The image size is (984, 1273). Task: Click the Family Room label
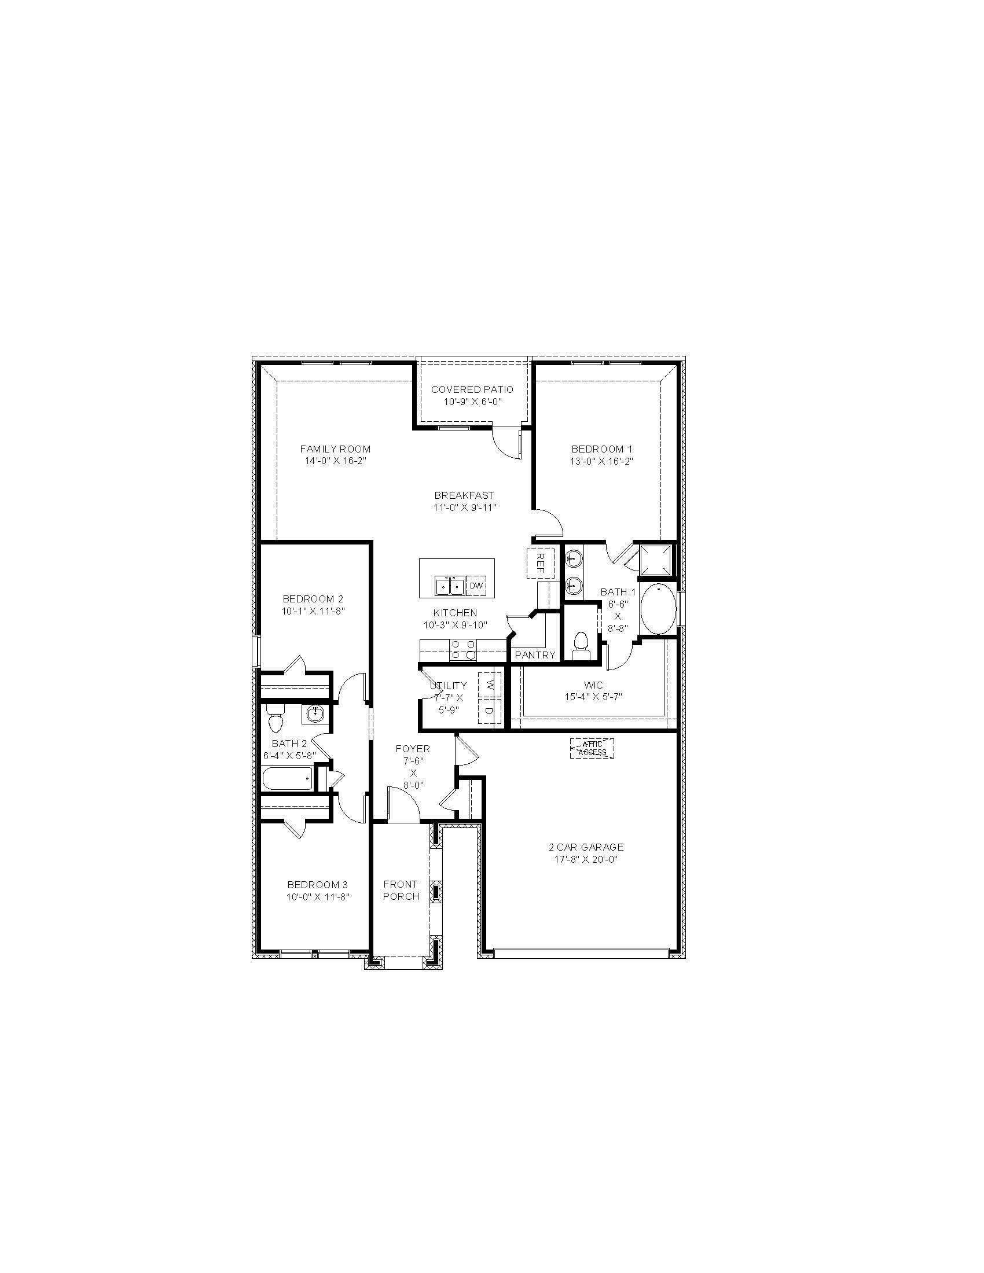tap(335, 449)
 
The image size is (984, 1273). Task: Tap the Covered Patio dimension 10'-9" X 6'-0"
tap(472, 402)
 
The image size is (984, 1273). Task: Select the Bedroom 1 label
tap(601, 449)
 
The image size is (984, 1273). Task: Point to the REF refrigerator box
tap(540, 563)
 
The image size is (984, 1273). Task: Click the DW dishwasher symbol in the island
tap(476, 585)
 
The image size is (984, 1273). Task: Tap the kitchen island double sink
tap(449, 585)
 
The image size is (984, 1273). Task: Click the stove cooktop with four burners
tap(464, 649)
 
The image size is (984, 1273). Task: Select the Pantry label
tap(535, 655)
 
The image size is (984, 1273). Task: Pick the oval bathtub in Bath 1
tap(659, 609)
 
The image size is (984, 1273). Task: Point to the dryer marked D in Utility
tap(490, 711)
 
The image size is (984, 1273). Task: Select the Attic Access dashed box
tap(592, 748)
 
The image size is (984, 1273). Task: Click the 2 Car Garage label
tap(585, 847)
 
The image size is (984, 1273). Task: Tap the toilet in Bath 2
tap(275, 719)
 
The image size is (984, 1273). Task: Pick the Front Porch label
tap(401, 890)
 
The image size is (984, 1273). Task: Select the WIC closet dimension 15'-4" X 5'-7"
tap(593, 697)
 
